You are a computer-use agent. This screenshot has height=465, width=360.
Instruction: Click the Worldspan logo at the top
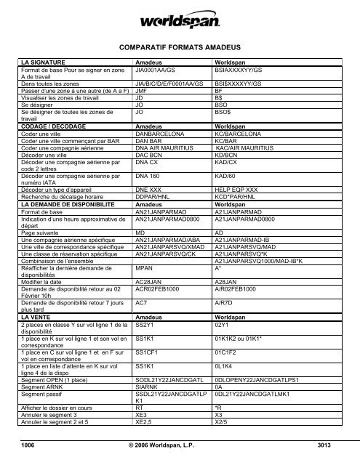click(180, 17)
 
